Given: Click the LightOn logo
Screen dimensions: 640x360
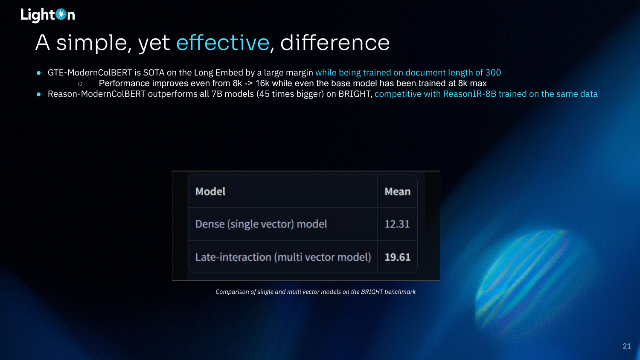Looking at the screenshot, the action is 48,15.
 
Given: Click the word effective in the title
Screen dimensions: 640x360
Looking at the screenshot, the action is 223,43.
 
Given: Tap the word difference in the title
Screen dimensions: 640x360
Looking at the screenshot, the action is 335,43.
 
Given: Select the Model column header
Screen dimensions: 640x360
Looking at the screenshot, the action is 210,192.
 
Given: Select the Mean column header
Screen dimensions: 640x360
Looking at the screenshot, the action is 397,192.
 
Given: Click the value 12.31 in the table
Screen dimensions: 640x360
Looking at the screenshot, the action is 397,224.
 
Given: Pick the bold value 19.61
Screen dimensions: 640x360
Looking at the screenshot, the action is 397,257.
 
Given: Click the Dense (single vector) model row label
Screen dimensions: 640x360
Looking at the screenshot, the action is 261,224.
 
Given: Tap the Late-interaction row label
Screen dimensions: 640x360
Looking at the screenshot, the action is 283,257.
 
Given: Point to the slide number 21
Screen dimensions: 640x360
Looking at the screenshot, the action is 627,346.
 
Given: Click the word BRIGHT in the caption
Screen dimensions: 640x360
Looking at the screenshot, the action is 372,292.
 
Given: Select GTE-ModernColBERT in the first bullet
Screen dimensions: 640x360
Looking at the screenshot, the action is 90,73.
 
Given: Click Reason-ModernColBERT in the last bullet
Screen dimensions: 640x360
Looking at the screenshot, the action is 96,94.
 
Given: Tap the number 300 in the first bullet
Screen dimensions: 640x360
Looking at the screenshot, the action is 493,73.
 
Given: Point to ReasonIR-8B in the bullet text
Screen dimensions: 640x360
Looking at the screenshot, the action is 470,94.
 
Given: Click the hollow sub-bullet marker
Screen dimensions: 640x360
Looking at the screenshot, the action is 80,84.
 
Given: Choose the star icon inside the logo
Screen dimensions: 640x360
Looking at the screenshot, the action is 61,14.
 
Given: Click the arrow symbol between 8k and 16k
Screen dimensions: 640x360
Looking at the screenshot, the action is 249,84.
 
